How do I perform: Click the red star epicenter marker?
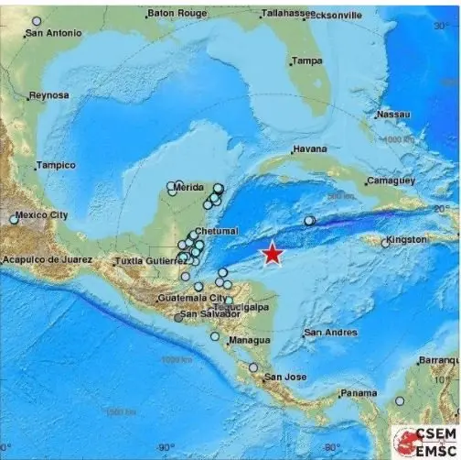[273, 254]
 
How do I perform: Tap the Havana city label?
[310, 149]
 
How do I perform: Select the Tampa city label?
[307, 61]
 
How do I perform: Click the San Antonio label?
[53, 33]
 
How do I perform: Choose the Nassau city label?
[393, 115]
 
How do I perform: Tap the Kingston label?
[407, 240]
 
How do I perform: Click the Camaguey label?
[391, 181]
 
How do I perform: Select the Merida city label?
[188, 187]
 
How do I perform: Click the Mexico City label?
[42, 215]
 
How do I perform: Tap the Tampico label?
[55, 166]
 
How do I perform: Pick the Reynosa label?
[48, 95]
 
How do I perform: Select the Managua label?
[248, 340]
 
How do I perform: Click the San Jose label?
[284, 377]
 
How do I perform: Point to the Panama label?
[358, 393]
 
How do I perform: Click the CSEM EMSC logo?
[425, 440]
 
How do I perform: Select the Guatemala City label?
[191, 299]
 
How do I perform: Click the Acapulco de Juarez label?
[47, 260]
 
